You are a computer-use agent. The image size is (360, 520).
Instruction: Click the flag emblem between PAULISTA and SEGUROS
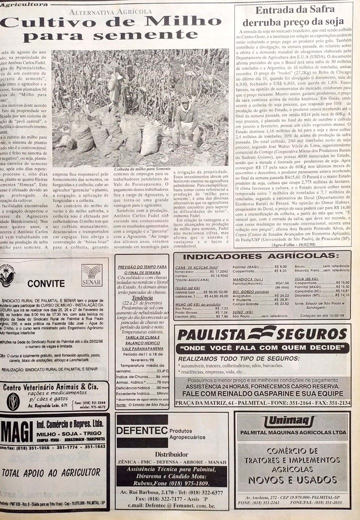[262, 332]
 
